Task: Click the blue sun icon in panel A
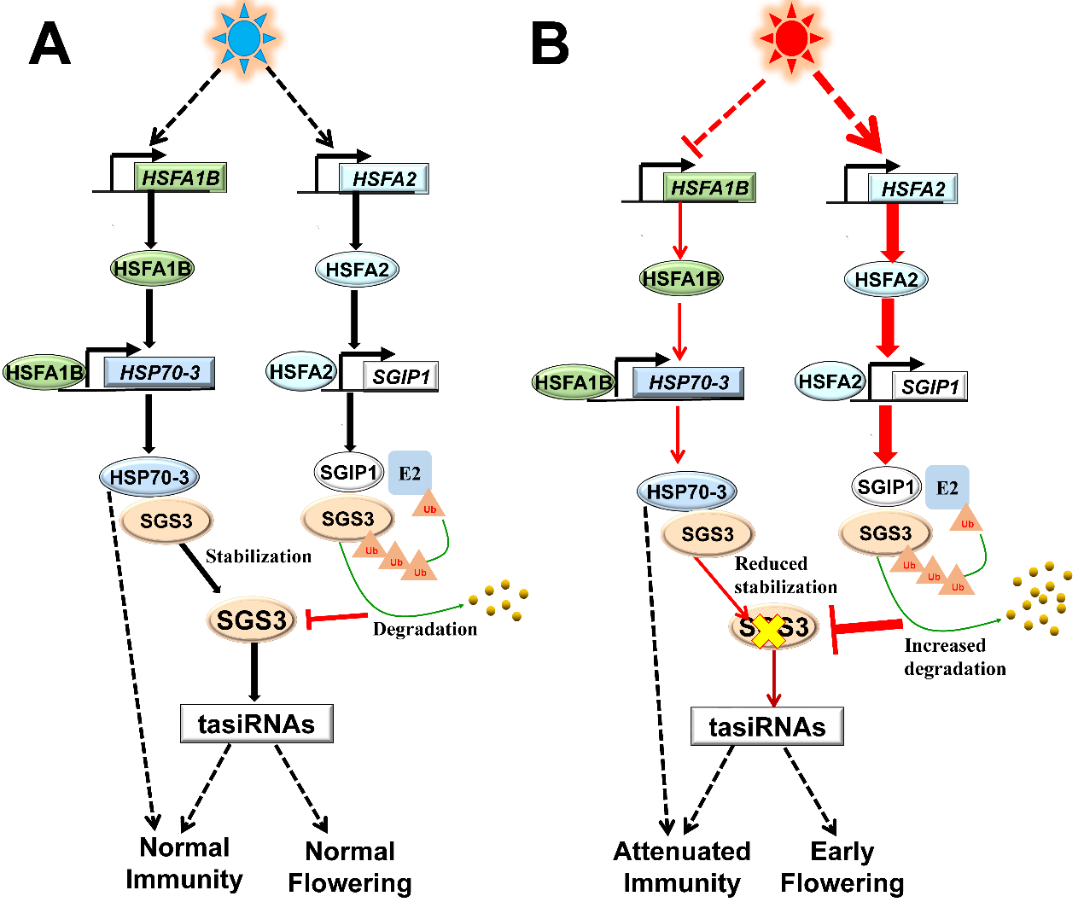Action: click(245, 38)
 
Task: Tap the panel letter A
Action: click(50, 44)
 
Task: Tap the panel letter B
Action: click(550, 44)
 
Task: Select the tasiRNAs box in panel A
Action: click(256, 724)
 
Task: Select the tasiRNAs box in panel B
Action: click(766, 726)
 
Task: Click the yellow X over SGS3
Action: click(769, 630)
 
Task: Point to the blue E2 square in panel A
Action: click(410, 473)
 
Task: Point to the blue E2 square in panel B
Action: click(947, 487)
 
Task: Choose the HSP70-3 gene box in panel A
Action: click(159, 372)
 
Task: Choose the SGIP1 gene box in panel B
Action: click(930, 386)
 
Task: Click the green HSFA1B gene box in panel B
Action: click(709, 188)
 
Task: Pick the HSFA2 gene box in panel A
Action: click(384, 178)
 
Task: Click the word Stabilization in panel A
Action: click(259, 556)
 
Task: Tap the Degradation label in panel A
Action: click(425, 629)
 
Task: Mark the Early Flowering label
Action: click(842, 867)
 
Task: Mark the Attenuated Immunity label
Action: click(682, 867)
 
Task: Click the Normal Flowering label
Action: click(350, 867)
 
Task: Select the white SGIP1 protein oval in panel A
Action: click(348, 472)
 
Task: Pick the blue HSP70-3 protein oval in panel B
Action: click(686, 492)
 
